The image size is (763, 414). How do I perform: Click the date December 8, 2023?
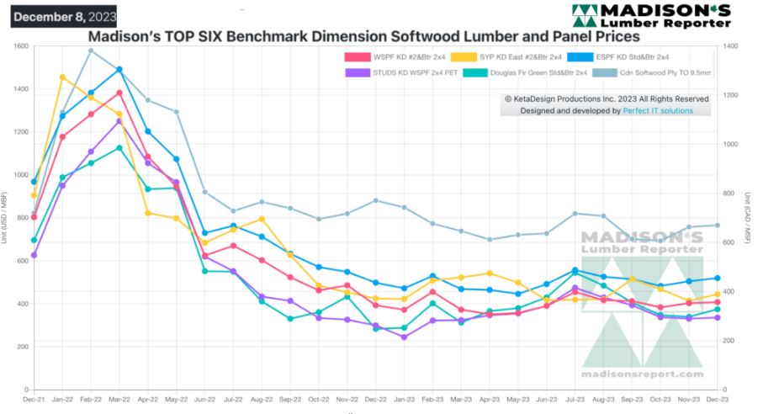tap(63, 16)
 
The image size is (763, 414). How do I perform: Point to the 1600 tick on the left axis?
tap(19, 45)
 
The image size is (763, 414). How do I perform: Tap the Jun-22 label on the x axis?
tap(205, 398)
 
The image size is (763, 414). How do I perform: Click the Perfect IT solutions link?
tap(658, 110)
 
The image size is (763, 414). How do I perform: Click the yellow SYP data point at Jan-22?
tap(62, 77)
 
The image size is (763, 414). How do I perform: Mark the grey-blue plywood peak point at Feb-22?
tap(91, 50)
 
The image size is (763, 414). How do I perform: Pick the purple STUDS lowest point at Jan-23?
tap(404, 337)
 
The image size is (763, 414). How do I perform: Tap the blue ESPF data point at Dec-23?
tap(717, 278)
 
